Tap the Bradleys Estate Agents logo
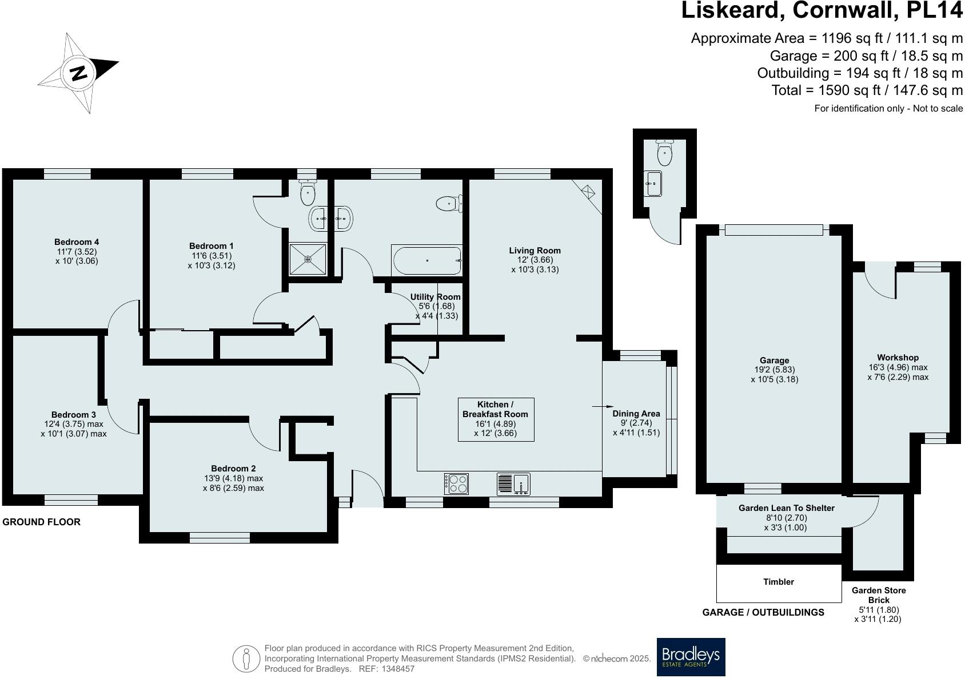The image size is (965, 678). pyautogui.click(x=691, y=656)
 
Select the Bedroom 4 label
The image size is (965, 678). pyautogui.click(x=77, y=242)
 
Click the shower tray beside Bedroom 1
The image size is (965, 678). pyautogui.click(x=308, y=259)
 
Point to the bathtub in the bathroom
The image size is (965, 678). pyautogui.click(x=427, y=260)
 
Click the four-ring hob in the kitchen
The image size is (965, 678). pyautogui.click(x=456, y=484)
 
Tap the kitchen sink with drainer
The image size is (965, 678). pyautogui.click(x=513, y=484)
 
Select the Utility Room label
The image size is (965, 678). pyautogui.click(x=435, y=297)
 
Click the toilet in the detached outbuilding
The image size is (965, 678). pyautogui.click(x=664, y=153)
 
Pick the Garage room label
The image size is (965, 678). pyautogui.click(x=774, y=360)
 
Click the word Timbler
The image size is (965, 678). pyautogui.click(x=779, y=582)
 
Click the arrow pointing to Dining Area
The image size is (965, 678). pyautogui.click(x=599, y=406)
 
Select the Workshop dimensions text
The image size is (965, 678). pyautogui.click(x=898, y=372)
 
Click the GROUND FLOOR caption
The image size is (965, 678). pyautogui.click(x=42, y=522)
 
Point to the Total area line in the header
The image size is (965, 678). pyautogui.click(x=867, y=90)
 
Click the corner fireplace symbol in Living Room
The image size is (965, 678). pyautogui.click(x=589, y=191)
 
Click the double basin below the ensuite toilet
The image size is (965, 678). pyautogui.click(x=332, y=217)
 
